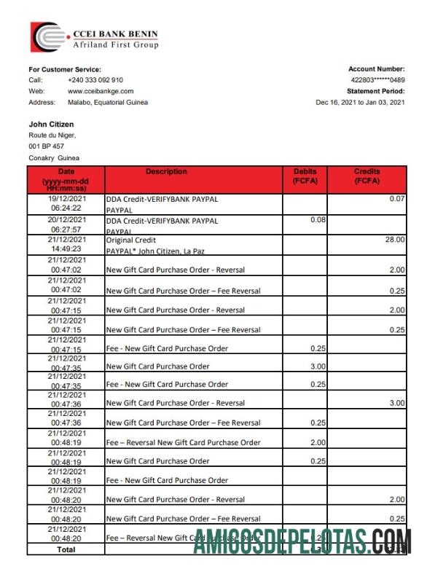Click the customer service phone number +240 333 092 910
click(x=95, y=80)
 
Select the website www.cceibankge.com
click(x=101, y=91)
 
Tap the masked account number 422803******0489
click(x=377, y=80)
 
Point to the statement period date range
click(x=360, y=103)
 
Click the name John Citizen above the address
click(x=51, y=125)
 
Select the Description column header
click(x=166, y=172)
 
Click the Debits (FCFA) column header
click(x=305, y=176)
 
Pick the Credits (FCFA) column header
click(x=367, y=176)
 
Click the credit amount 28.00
click(x=396, y=239)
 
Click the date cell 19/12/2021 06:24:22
click(x=67, y=203)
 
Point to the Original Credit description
click(x=131, y=240)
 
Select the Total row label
click(x=66, y=549)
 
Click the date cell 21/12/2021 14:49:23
click(x=67, y=243)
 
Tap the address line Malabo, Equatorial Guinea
click(x=108, y=103)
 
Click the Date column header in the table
click(x=66, y=179)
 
